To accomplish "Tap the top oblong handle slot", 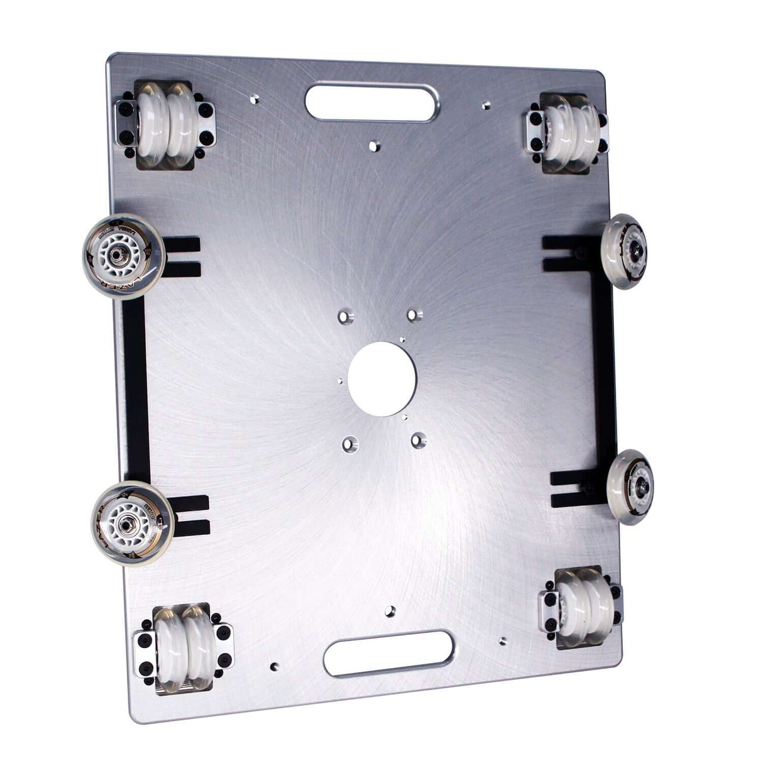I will (x=371, y=102).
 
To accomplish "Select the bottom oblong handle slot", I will (x=389, y=654).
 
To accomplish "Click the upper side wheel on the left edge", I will (x=124, y=256).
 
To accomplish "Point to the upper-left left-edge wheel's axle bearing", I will (x=118, y=256).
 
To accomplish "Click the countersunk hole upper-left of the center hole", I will (x=346, y=315).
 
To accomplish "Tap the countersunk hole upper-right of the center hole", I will (x=412, y=314).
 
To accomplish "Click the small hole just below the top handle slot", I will (x=375, y=146).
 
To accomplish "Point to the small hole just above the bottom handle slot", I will (x=391, y=610).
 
